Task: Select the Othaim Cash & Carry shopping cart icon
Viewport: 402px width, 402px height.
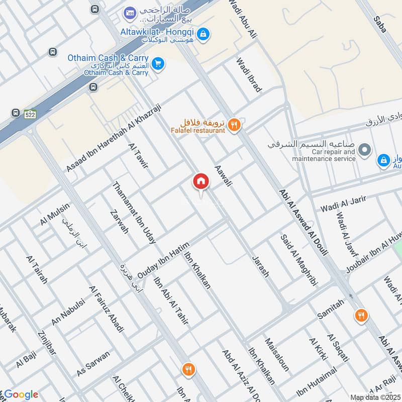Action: (x=158, y=64)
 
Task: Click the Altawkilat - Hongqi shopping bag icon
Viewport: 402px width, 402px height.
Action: (x=203, y=34)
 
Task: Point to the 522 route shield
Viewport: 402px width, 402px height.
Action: (x=30, y=115)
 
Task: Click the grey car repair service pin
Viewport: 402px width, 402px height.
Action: (x=366, y=150)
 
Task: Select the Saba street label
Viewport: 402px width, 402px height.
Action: (x=380, y=24)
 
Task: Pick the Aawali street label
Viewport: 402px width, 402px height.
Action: (x=223, y=176)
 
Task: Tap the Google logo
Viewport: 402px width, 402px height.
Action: (x=21, y=394)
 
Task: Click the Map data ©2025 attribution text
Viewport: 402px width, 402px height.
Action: (x=375, y=397)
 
